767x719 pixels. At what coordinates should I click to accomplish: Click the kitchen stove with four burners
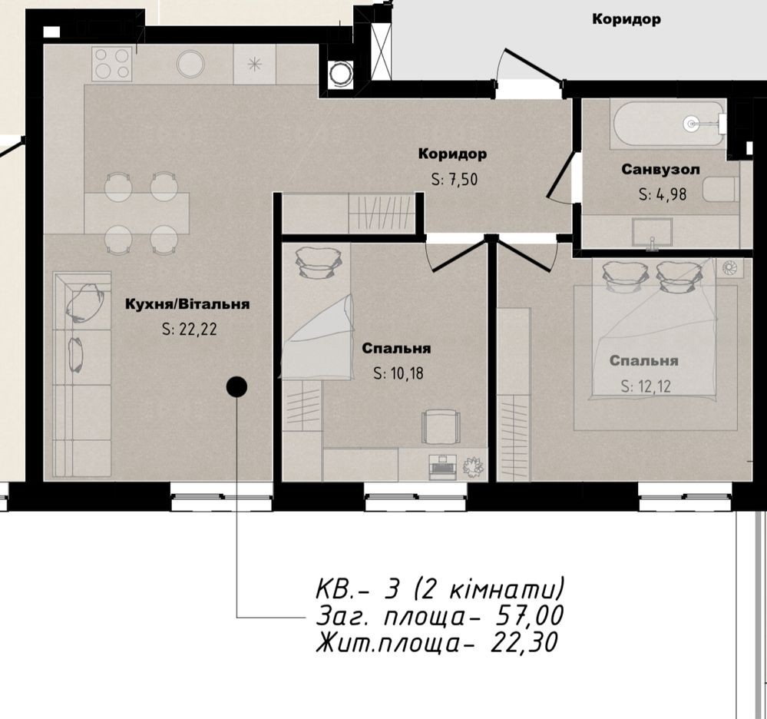pos(113,64)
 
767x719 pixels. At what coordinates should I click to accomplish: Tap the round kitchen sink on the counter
pos(190,64)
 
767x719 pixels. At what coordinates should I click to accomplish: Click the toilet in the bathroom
pos(719,190)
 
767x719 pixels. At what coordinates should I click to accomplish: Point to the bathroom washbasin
pos(652,233)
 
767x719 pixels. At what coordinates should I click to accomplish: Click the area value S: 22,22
pos(190,330)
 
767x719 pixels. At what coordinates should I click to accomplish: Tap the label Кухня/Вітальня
pos(187,304)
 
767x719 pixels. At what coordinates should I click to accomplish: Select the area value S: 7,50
pos(454,180)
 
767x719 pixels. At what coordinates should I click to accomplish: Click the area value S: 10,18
pos(398,374)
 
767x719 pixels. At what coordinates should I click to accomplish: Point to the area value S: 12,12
pos(646,386)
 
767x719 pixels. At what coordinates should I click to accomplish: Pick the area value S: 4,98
pos(663,195)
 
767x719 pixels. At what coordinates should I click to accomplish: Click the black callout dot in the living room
pos(236,387)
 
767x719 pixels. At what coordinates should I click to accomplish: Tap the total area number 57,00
pos(530,616)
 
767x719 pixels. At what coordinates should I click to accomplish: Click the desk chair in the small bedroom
pos(441,426)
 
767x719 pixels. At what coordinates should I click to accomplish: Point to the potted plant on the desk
pos(473,466)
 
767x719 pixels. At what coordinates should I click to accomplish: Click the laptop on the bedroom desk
pos(443,467)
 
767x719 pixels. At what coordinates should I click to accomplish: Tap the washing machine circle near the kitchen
pos(340,74)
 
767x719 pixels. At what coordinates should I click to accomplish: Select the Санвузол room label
pos(660,169)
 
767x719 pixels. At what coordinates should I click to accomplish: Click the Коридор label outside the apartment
pos(626,19)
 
